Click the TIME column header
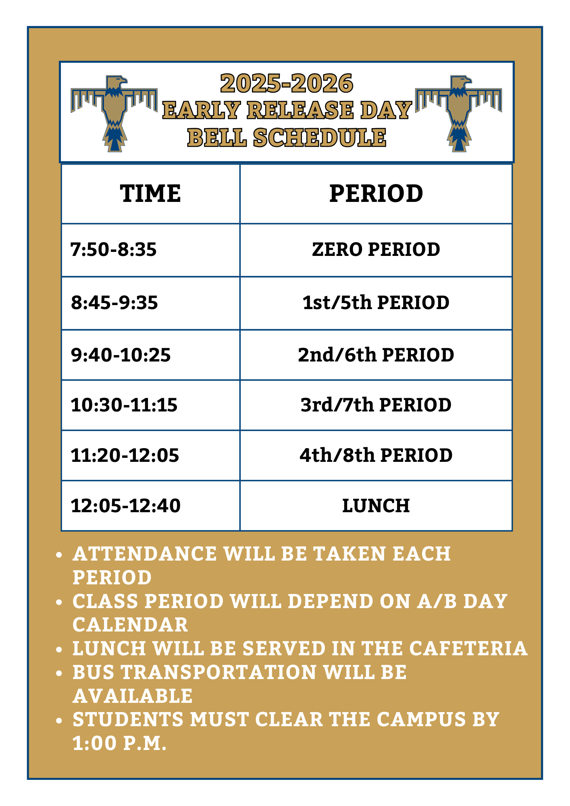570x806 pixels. (x=150, y=193)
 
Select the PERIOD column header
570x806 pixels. (x=376, y=193)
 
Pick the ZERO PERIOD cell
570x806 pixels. (x=376, y=249)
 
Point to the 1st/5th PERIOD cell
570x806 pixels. (x=376, y=303)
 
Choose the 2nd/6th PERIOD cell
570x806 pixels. (x=376, y=355)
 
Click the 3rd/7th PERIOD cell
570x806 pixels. (x=376, y=405)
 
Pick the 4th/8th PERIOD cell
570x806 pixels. (x=376, y=455)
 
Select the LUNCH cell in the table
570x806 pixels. (x=376, y=506)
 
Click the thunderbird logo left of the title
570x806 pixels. (x=114, y=113)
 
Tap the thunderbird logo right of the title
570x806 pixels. (x=459, y=113)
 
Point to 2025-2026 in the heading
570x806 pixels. (x=287, y=83)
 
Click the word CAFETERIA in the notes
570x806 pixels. (x=468, y=648)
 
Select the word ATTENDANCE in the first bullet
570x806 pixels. (x=145, y=554)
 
